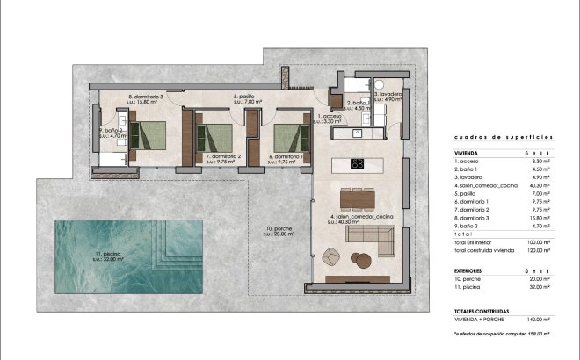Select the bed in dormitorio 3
(x=147, y=135)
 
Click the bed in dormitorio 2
(x=214, y=138)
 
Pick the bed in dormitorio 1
(x=290, y=138)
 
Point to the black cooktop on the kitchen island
(x=359, y=162)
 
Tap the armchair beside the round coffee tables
(x=332, y=256)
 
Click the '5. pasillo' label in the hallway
(x=249, y=99)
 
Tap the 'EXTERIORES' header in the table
(x=462, y=270)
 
